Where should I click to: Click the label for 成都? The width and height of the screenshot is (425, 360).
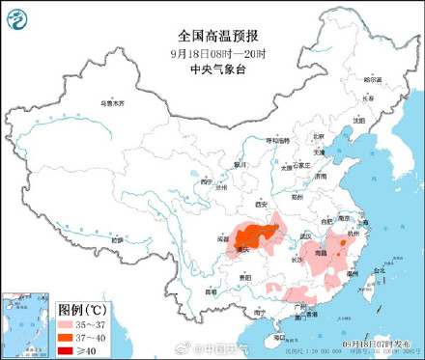point(223,235)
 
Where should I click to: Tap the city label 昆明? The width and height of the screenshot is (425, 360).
point(211,290)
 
